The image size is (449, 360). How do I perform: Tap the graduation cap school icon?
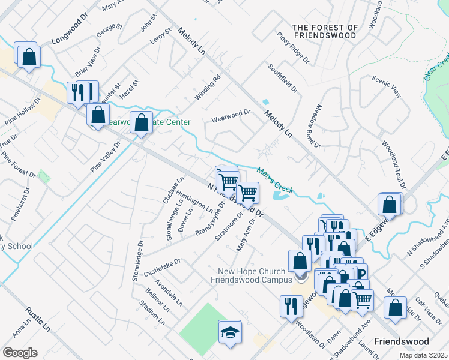(229, 332)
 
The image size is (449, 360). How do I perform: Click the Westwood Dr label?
(231, 116)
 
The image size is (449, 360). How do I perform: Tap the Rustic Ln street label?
(38, 319)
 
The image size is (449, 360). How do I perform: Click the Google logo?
(20, 353)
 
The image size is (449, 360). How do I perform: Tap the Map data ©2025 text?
(423, 355)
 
